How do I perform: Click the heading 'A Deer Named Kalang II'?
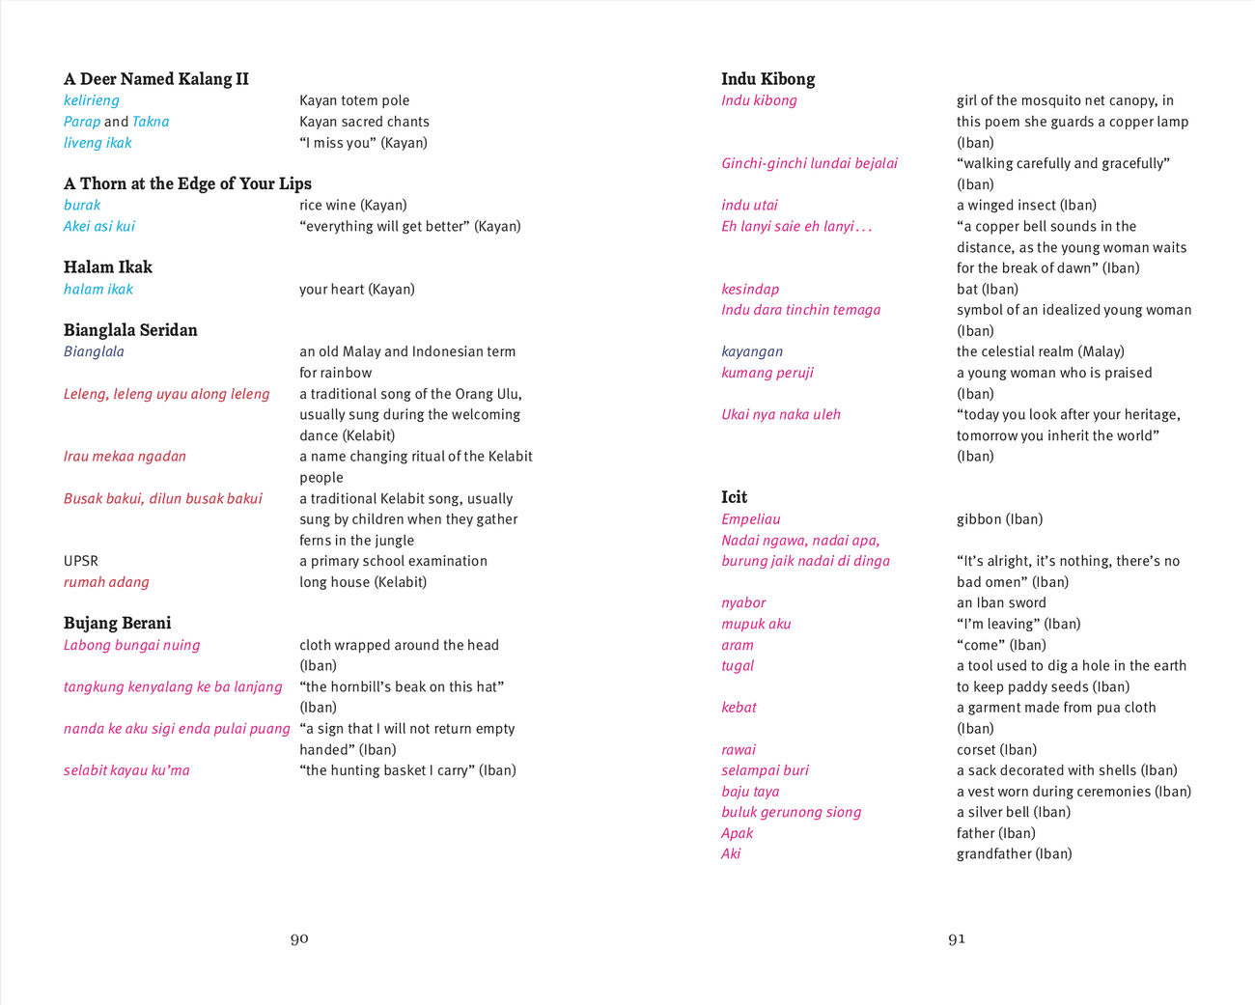click(x=156, y=79)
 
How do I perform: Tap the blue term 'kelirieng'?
click(x=92, y=100)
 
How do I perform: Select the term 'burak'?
click(x=82, y=205)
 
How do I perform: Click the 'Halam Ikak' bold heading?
click(x=108, y=267)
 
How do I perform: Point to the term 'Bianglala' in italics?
click(x=94, y=351)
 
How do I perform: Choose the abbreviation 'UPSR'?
click(x=81, y=561)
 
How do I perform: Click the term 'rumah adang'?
click(x=106, y=582)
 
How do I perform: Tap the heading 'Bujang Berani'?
click(x=118, y=624)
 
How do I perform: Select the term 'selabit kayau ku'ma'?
click(x=126, y=770)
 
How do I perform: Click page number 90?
click(x=299, y=938)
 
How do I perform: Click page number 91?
click(x=957, y=938)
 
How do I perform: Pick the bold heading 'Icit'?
click(x=735, y=497)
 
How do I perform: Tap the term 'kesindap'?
click(x=750, y=289)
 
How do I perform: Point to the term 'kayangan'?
click(x=752, y=351)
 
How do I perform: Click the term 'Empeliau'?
click(x=751, y=519)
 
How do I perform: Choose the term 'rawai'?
click(x=739, y=749)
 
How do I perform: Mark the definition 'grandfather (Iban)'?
click(x=1014, y=853)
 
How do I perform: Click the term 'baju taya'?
click(x=750, y=792)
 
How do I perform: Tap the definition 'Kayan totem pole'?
click(x=354, y=100)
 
